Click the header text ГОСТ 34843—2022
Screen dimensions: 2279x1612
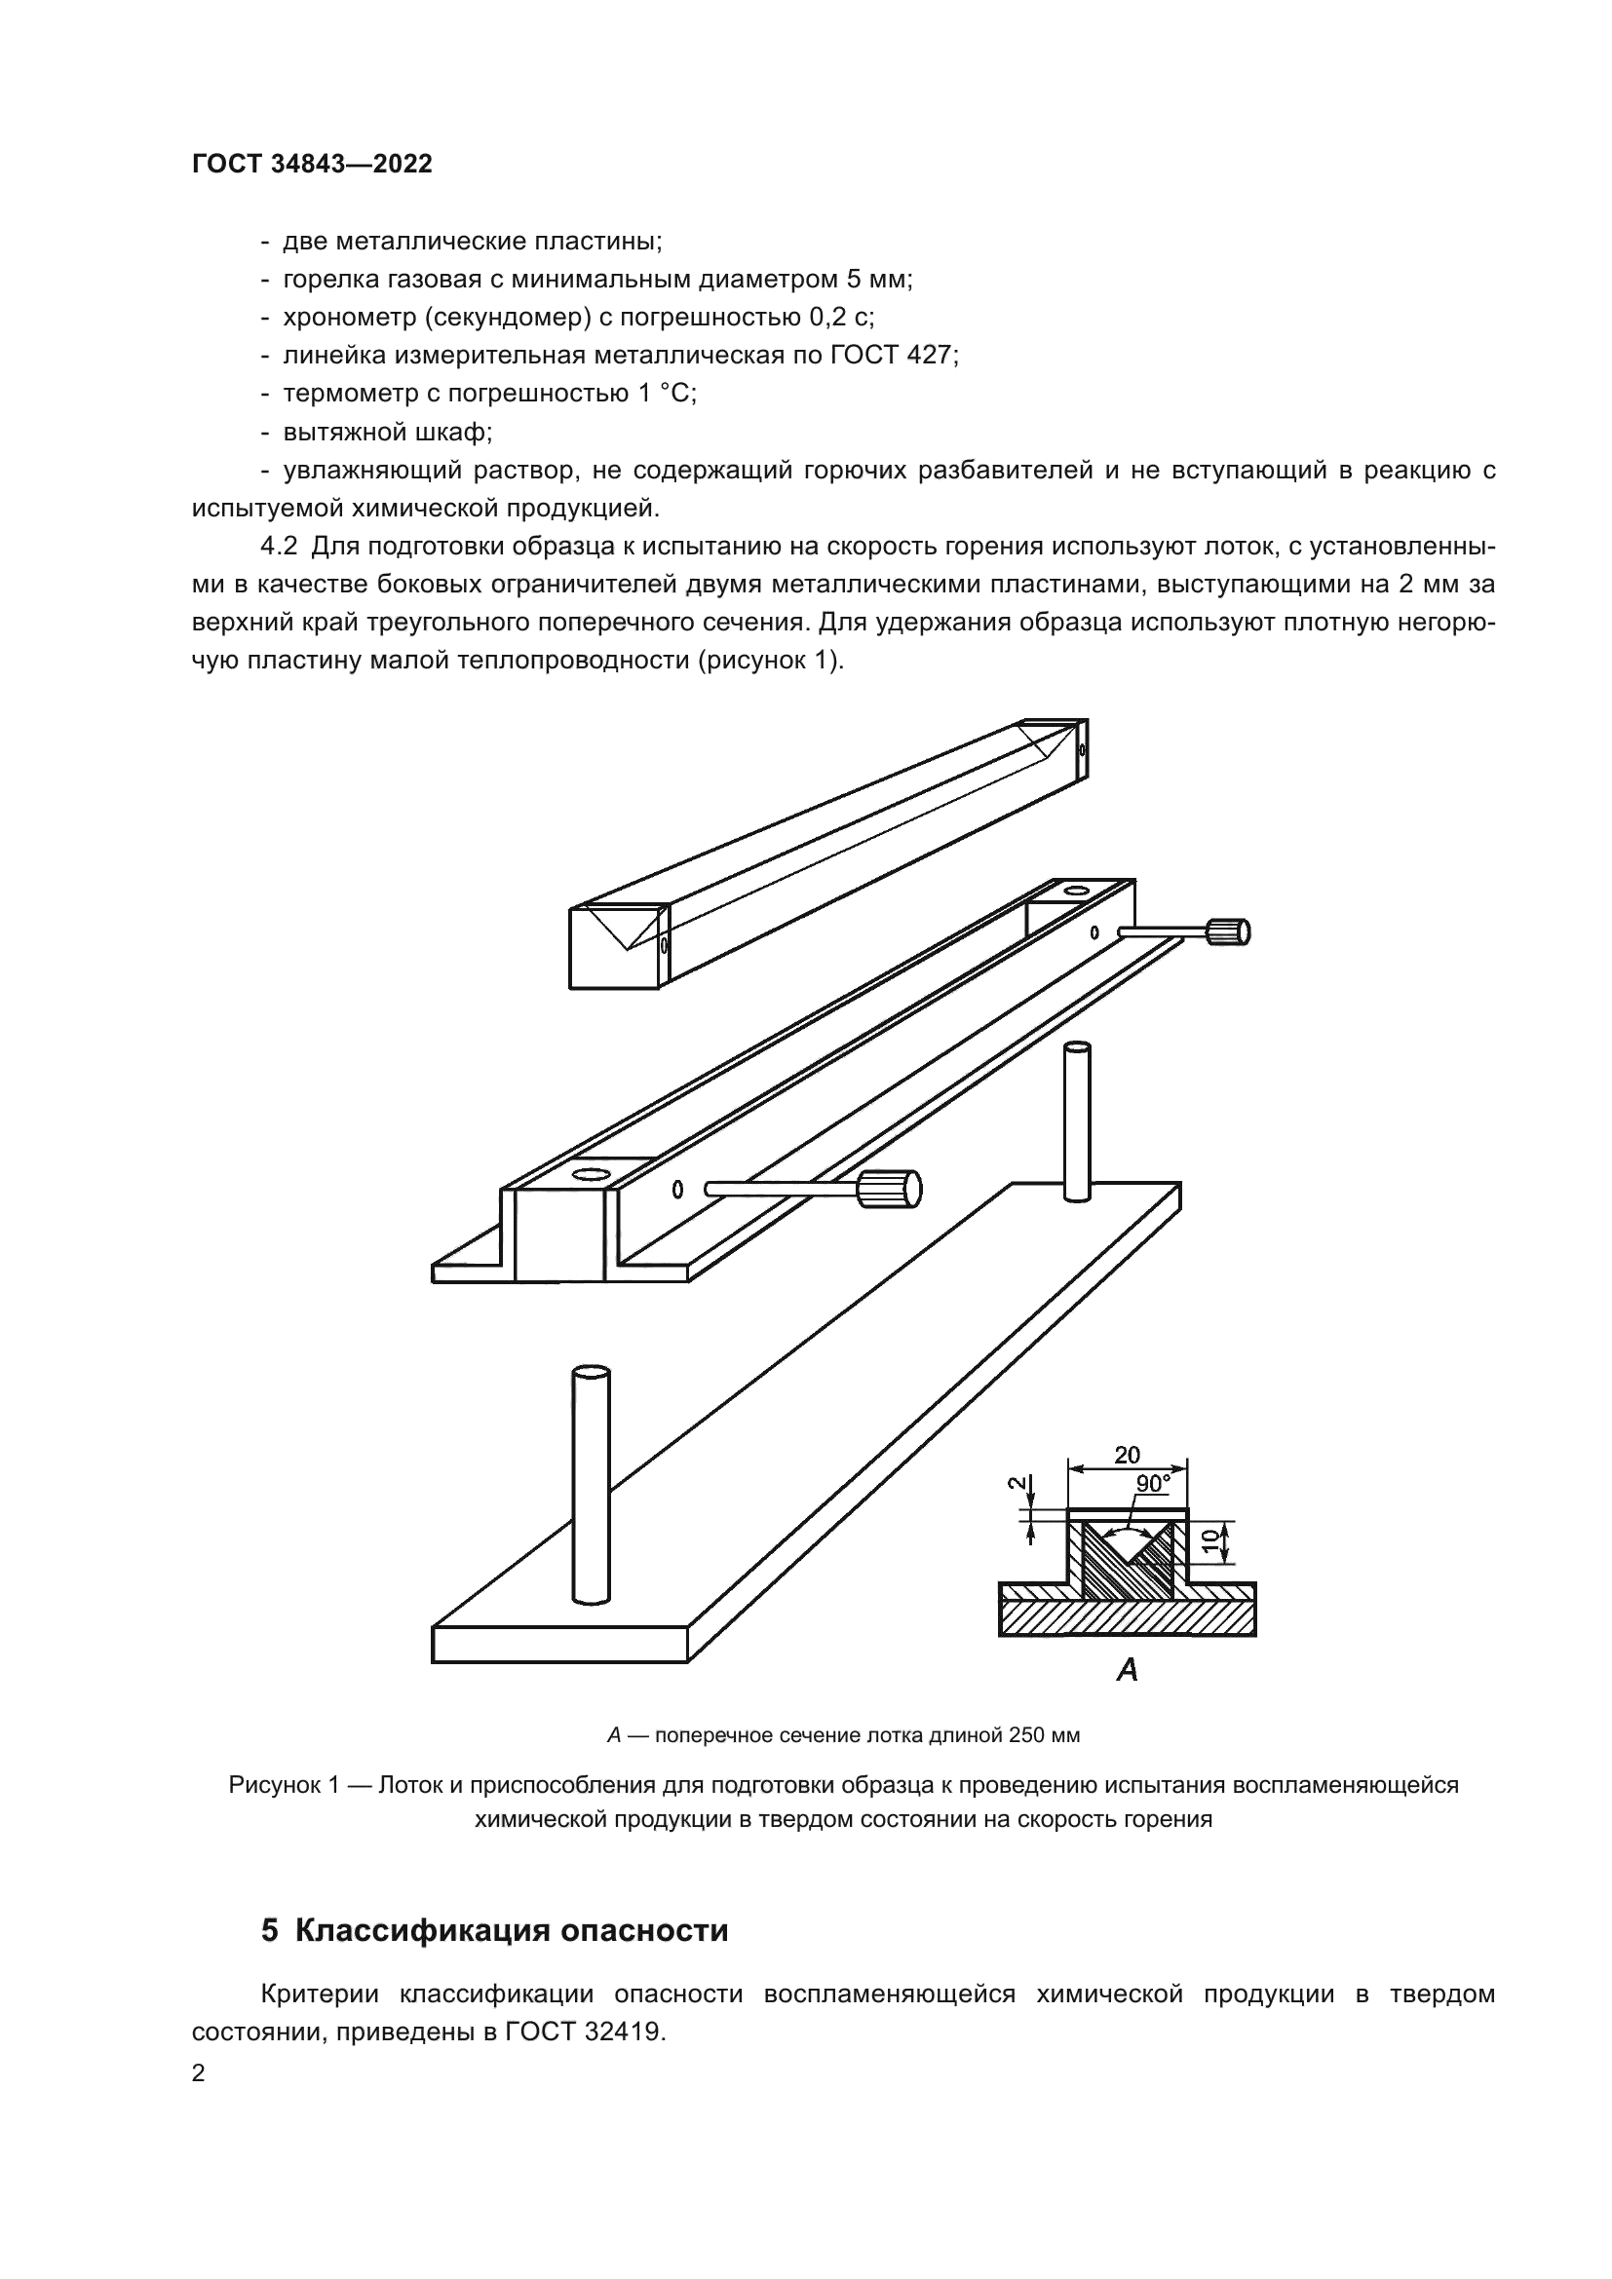click(312, 164)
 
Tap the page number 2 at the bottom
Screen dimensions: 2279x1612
click(199, 2073)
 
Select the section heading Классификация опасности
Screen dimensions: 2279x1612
click(512, 1929)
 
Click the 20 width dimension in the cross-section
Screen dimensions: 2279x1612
click(1127, 1455)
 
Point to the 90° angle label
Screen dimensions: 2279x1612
click(1152, 1483)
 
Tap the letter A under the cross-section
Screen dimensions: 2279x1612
click(1127, 1671)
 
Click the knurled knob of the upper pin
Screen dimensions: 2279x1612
click(1228, 931)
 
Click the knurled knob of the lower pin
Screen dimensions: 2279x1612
click(890, 1188)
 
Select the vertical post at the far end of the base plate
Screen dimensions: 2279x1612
click(1077, 1121)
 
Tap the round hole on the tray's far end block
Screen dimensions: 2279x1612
click(1075, 891)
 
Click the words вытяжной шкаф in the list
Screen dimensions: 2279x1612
click(386, 432)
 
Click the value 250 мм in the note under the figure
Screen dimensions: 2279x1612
click(1043, 1735)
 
